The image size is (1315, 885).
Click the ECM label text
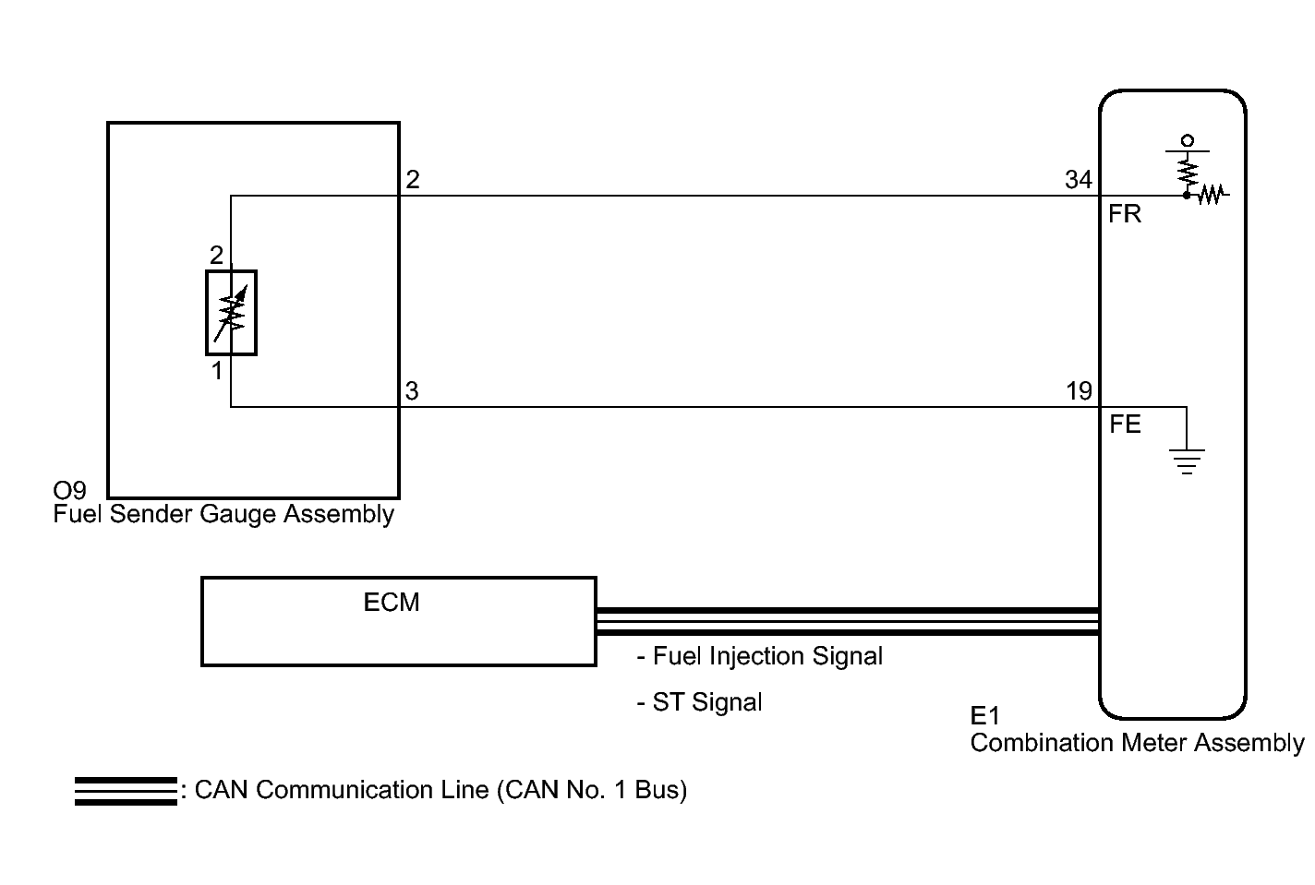(x=391, y=603)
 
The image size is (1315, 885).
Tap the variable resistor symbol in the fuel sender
(x=231, y=313)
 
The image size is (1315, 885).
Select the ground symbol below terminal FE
(x=1187, y=461)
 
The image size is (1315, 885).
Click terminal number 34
(x=1079, y=179)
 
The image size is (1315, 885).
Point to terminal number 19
(x=1079, y=391)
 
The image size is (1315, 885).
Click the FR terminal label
(x=1124, y=214)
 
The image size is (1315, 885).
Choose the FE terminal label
(x=1125, y=424)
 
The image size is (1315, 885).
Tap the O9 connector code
(x=69, y=490)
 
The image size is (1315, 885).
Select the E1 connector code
(x=984, y=715)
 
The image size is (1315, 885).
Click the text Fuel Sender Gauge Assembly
(x=223, y=514)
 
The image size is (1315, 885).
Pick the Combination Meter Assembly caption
(x=1137, y=743)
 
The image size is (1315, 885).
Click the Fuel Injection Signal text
(x=760, y=656)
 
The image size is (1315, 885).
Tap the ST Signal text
(x=699, y=702)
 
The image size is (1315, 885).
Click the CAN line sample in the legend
(x=126, y=791)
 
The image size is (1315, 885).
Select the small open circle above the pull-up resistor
(x=1187, y=141)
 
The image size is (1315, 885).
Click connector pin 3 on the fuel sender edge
(x=412, y=391)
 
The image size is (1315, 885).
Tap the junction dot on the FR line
(x=1187, y=196)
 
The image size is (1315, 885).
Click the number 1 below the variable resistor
(x=217, y=371)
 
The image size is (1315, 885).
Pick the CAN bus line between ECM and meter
(x=847, y=622)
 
